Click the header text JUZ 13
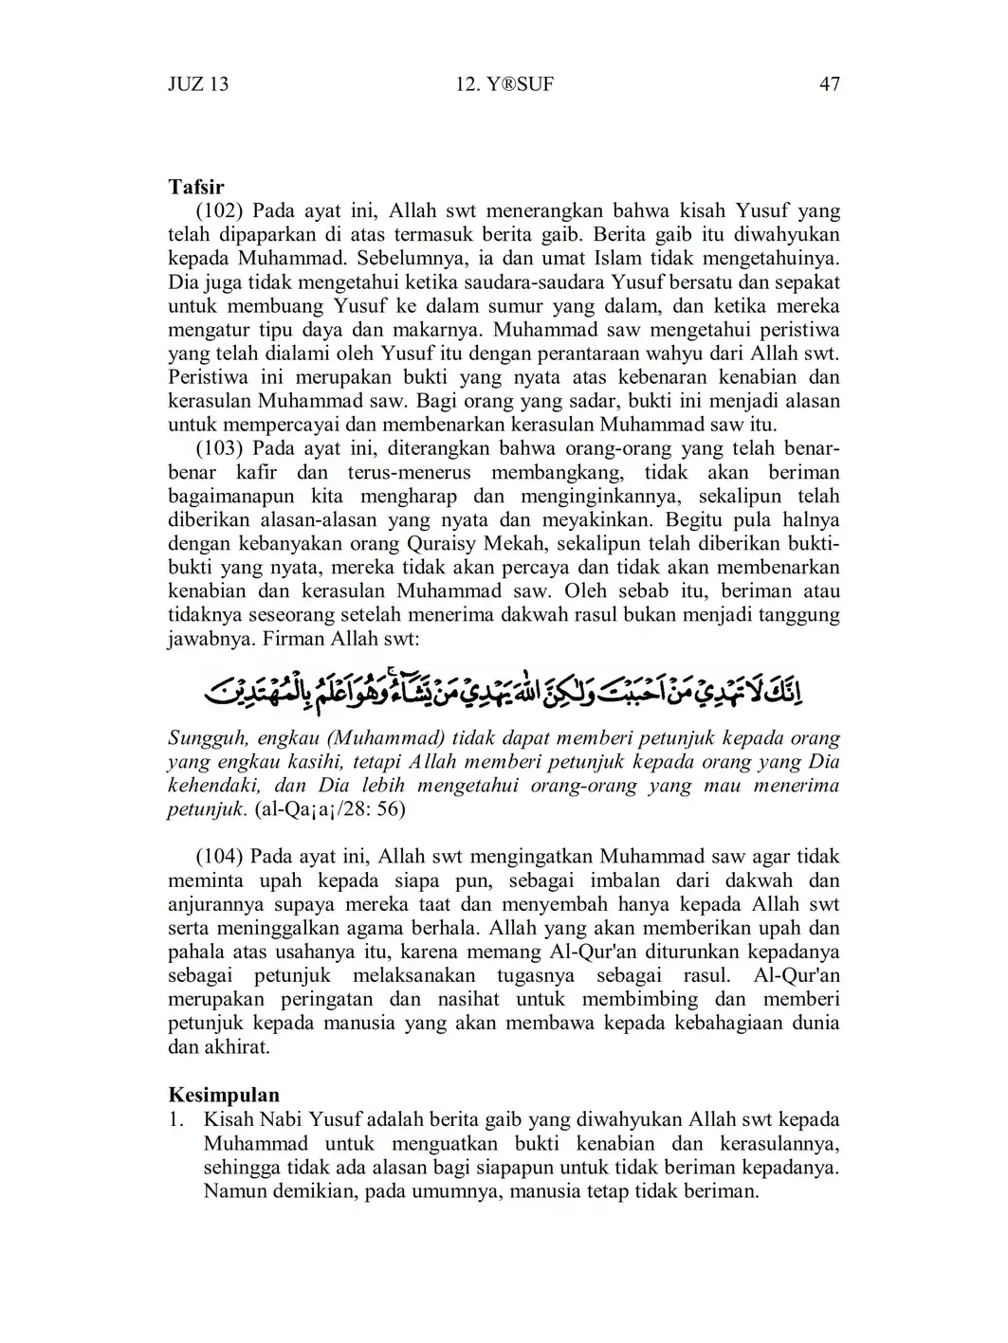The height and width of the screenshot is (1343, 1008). (x=198, y=84)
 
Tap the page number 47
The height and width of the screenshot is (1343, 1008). (x=829, y=84)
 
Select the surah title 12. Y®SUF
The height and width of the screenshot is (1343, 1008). (x=504, y=84)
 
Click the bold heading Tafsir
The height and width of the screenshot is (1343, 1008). (x=196, y=187)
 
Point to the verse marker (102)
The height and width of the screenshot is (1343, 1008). (x=220, y=210)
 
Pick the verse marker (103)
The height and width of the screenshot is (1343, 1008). (x=220, y=448)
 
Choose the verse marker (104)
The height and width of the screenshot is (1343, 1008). (x=220, y=857)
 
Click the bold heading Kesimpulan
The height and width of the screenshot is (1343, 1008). (x=224, y=1096)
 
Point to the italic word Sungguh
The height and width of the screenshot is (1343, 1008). (x=203, y=738)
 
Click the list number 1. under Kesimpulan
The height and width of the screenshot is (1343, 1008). (x=175, y=1120)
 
